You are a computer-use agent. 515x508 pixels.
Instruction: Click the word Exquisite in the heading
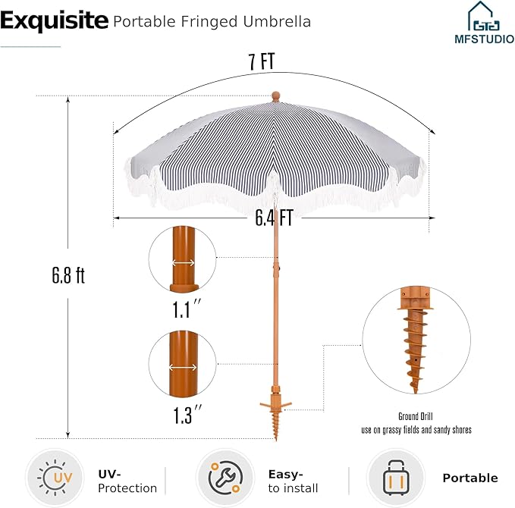click(54, 21)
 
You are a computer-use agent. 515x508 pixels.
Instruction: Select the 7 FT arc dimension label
click(262, 61)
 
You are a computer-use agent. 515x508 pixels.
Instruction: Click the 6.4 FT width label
click(275, 218)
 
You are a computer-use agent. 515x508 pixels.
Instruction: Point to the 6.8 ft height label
click(68, 275)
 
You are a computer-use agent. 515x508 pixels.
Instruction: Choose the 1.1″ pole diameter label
click(187, 309)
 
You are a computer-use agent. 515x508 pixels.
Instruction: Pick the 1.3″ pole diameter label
click(187, 415)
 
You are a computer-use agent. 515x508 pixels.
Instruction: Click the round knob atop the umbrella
click(276, 96)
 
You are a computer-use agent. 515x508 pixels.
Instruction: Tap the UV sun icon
click(55, 478)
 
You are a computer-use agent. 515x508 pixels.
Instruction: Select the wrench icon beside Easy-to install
click(225, 478)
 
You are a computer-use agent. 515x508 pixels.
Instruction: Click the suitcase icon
click(396, 478)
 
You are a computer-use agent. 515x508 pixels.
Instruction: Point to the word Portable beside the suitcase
click(470, 478)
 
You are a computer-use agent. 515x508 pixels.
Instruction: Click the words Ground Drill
click(416, 416)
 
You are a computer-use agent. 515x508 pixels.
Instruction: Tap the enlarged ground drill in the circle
click(415, 340)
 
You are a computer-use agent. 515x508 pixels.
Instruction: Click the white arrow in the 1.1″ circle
click(184, 262)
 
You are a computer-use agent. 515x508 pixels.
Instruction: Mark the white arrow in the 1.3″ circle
click(183, 367)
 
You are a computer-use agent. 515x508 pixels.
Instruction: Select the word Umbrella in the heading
click(277, 22)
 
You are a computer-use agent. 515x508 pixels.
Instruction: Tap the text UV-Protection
click(127, 481)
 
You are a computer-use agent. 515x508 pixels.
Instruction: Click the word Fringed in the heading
click(209, 22)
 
